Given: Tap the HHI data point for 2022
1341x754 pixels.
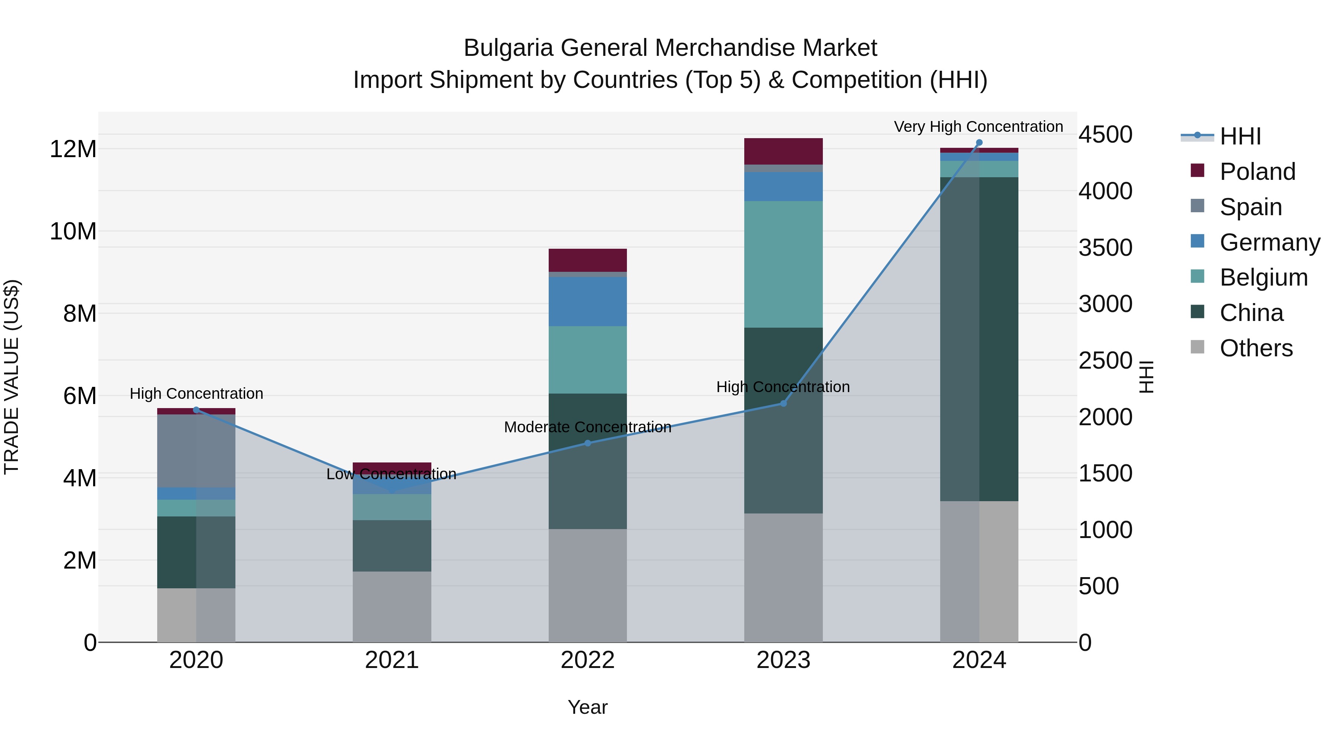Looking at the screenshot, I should pos(588,443).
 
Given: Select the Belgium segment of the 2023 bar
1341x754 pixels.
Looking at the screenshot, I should pos(783,264).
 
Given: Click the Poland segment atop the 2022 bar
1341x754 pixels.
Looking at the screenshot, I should pos(588,260).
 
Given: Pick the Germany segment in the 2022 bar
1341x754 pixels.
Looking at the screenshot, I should pos(588,302).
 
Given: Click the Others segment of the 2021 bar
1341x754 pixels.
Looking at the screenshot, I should pos(392,607).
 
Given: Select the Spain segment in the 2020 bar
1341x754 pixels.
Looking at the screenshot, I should pos(196,451).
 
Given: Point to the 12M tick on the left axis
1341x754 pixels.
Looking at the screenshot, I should pos(73,149).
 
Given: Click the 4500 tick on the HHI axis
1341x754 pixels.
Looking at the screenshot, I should pos(1105,135).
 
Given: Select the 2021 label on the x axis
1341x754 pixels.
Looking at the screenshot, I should pos(392,660).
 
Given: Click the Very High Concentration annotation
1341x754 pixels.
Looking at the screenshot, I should pos(978,127).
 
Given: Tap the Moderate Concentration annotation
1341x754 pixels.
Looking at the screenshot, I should pos(588,427).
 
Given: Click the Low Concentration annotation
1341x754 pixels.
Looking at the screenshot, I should pos(391,474).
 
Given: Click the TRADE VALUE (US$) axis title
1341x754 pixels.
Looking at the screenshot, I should pos(12,377).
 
